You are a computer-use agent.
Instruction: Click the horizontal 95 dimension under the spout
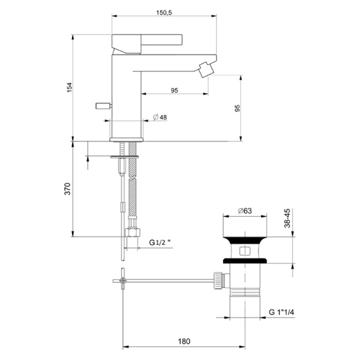coord(174,91)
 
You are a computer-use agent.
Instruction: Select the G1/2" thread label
coord(160,243)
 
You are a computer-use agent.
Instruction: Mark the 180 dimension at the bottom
coord(184,341)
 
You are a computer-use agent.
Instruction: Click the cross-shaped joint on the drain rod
coord(122,280)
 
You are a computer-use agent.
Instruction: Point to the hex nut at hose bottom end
coord(132,233)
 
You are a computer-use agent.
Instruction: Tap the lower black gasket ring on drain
coord(244,260)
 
